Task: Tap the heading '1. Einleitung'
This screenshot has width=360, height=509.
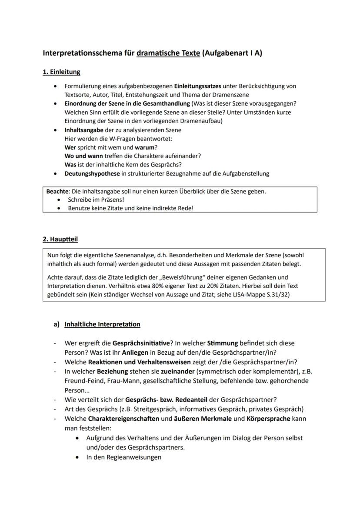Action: pos(61,72)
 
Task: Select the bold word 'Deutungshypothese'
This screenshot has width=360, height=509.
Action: pos(92,173)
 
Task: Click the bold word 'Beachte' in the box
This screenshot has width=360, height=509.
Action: pos(57,191)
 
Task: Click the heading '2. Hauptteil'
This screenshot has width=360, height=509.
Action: pos(60,239)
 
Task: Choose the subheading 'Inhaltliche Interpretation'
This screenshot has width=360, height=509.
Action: pos(102,324)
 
